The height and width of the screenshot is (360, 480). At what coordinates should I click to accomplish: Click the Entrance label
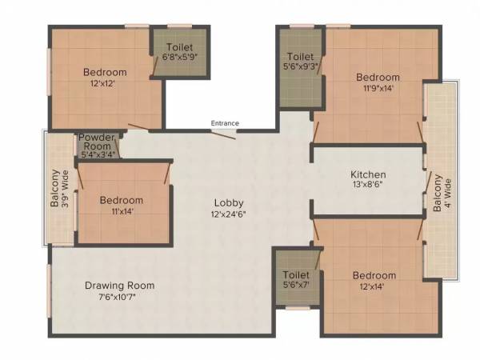pyautogui.click(x=225, y=123)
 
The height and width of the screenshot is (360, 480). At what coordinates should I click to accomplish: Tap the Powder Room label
pyautogui.click(x=97, y=142)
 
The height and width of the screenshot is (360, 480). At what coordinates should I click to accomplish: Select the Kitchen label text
pyautogui.click(x=369, y=174)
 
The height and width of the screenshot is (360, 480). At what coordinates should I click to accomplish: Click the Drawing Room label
pyautogui.click(x=120, y=286)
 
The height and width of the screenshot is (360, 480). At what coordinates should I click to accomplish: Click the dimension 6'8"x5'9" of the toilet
pyautogui.click(x=180, y=58)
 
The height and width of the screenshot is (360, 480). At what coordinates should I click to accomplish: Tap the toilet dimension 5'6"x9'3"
pyautogui.click(x=301, y=70)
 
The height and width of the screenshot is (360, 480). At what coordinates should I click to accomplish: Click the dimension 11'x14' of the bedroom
pyautogui.click(x=122, y=212)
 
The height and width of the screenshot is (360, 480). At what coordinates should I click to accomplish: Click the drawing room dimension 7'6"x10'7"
pyautogui.click(x=120, y=298)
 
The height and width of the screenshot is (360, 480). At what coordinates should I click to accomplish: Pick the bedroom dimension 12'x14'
pyautogui.click(x=374, y=288)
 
